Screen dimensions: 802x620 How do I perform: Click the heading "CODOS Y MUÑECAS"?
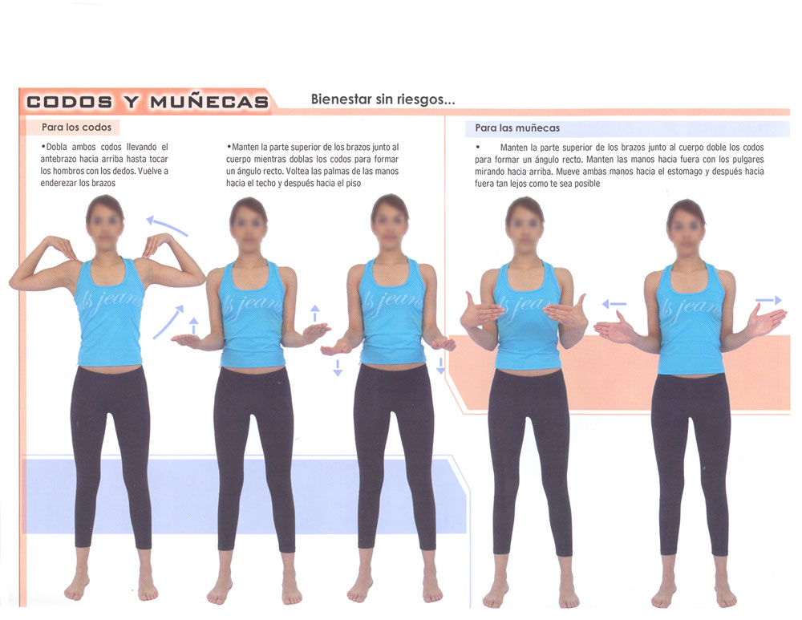click(148, 101)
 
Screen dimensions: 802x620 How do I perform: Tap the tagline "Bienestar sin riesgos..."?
click(383, 99)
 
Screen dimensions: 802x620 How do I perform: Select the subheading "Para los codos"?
click(77, 127)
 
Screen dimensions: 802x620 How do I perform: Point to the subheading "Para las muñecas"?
click(517, 128)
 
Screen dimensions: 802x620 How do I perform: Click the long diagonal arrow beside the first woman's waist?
click(168, 322)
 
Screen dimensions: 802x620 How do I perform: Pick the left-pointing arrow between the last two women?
click(614, 304)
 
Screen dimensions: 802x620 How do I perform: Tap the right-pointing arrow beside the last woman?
click(768, 300)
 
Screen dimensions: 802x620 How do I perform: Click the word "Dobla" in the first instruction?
click(56, 147)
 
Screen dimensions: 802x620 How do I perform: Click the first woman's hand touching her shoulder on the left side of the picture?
click(62, 246)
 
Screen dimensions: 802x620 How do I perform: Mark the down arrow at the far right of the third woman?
click(440, 366)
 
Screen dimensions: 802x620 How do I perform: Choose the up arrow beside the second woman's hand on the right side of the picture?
click(315, 313)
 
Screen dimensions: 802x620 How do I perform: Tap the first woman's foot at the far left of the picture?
click(77, 587)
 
